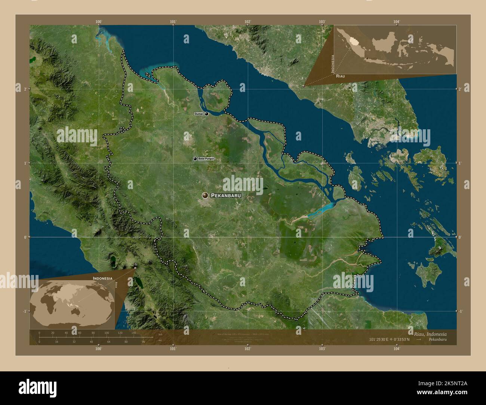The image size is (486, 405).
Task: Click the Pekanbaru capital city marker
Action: [x=205, y=195]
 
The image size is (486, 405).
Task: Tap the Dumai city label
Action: [x=199, y=114]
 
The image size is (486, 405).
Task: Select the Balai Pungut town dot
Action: [x=195, y=159]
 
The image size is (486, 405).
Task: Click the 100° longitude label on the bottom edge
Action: [x=98, y=349]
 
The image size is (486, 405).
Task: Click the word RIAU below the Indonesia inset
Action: [x=340, y=76]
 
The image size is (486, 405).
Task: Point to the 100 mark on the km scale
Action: [x=107, y=333]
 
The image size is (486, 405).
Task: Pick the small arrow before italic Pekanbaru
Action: [x=419, y=340]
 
